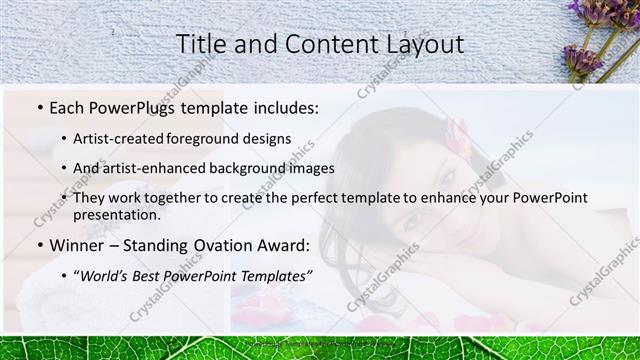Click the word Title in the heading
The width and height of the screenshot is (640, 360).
(x=200, y=44)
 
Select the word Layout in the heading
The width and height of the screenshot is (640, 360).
(x=422, y=44)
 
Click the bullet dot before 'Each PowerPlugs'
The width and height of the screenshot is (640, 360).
(x=38, y=108)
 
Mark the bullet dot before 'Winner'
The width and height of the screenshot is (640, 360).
(x=38, y=244)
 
